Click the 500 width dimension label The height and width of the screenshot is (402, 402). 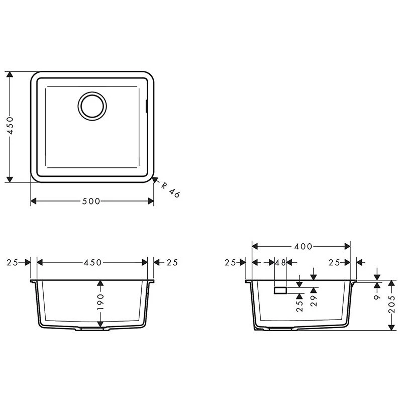91,202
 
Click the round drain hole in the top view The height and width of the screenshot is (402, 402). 92,106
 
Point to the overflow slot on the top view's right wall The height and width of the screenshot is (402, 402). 146,106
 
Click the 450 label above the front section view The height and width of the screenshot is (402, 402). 92,262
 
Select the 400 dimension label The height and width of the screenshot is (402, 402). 303,246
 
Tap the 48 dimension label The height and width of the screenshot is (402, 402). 280,262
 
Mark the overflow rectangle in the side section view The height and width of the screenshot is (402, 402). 280,290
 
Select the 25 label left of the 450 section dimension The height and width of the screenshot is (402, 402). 13,262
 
